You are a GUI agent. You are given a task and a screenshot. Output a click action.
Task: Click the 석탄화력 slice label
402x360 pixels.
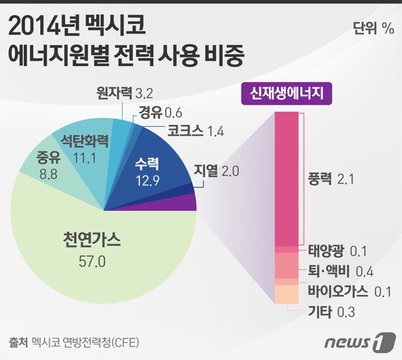84,140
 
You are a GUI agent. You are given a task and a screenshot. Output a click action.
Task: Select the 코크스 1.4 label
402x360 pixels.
194,131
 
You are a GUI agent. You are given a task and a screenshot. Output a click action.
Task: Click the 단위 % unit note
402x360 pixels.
373,29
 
